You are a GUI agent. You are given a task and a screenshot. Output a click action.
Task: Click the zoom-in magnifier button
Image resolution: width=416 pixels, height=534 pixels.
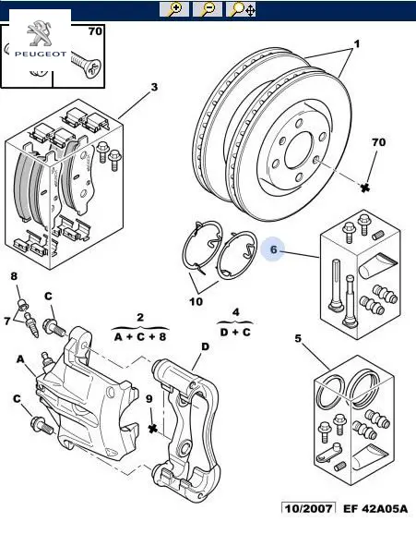tap(174, 9)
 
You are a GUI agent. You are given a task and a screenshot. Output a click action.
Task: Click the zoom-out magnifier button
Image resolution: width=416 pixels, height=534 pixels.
tap(208, 9)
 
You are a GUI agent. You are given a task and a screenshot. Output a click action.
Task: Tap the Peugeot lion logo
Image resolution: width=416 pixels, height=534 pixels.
tap(39, 33)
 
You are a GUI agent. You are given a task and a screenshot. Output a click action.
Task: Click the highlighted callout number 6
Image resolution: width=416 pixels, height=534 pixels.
tap(274, 249)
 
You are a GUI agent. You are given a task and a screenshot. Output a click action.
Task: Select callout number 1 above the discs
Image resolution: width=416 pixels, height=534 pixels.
tap(356, 44)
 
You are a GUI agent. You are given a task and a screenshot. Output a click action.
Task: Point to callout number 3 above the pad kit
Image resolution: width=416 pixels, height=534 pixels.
tap(154, 87)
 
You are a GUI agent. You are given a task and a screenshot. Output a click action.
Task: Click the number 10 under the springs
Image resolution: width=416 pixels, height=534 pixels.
tap(196, 301)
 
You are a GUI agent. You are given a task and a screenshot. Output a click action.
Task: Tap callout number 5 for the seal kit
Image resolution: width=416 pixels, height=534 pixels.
tap(298, 338)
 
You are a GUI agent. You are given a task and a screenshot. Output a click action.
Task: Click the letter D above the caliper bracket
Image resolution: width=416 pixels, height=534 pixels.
tap(205, 346)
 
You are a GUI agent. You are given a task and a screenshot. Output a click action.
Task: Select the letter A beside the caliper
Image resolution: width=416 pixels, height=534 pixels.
tap(20, 359)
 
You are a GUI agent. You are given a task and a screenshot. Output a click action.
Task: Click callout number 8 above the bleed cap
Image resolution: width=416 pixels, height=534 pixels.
tap(14, 276)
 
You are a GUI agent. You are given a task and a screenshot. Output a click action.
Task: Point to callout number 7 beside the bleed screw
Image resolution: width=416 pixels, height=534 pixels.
tap(7, 321)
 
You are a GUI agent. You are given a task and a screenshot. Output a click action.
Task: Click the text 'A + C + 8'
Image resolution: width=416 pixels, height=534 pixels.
tap(140, 337)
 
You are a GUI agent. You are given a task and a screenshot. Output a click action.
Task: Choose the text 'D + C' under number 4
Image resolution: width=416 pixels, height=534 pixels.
tap(235, 332)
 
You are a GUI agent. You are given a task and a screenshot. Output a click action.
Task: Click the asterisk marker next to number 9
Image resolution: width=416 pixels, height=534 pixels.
tap(153, 428)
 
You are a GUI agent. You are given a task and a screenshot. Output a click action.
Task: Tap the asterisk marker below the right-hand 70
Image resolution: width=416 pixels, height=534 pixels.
tap(365, 188)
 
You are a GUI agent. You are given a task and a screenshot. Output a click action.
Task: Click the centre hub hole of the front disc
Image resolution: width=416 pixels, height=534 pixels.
tap(298, 150)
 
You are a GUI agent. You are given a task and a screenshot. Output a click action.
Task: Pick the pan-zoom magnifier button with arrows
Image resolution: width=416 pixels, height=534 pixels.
tap(241, 9)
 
